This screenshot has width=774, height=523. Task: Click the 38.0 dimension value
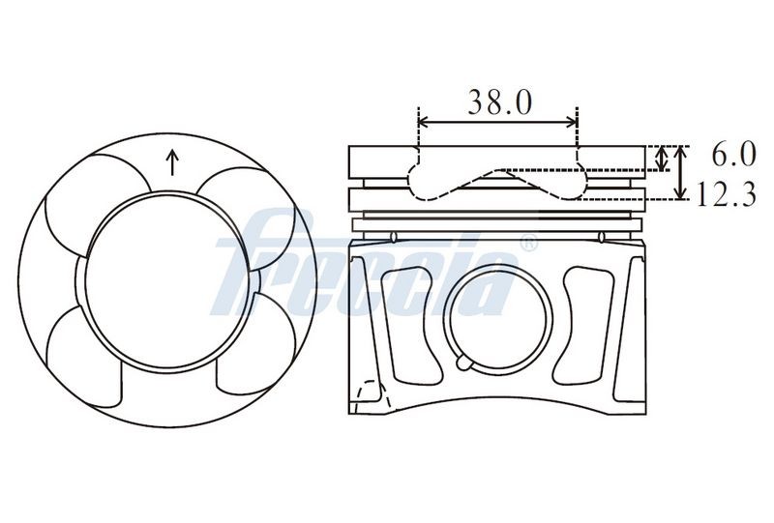pos(499,102)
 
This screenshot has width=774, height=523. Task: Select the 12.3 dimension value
pos(726,194)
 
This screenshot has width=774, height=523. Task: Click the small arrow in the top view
pos(172,161)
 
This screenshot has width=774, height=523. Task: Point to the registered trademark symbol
pos(528,244)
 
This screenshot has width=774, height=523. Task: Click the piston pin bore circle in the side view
pos(497,319)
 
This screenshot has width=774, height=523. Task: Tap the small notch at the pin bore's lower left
pos(465,363)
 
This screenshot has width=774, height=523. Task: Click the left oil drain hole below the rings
pos(393,237)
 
